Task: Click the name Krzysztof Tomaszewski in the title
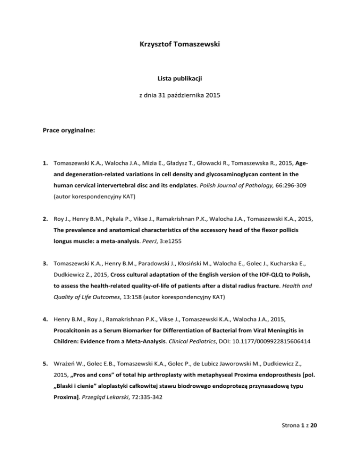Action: tap(180, 47)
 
